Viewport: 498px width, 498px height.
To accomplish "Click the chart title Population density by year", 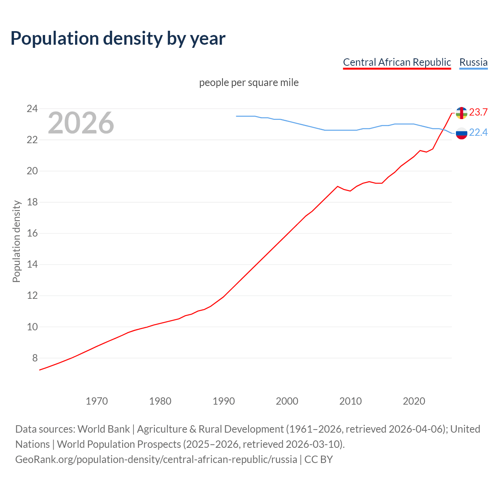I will click(x=118, y=39).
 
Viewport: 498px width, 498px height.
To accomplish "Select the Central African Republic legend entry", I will click(x=397, y=62).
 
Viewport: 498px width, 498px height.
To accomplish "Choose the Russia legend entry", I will click(x=473, y=62).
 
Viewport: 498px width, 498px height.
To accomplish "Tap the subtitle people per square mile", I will click(x=249, y=82).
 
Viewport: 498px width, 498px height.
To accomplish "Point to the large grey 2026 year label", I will click(x=81, y=123).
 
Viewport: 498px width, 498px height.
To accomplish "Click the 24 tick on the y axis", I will click(x=32, y=109).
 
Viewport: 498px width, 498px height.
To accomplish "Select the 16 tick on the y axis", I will click(x=32, y=233).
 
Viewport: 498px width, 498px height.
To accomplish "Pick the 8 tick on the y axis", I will click(x=35, y=358).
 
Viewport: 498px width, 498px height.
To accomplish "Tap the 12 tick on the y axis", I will click(x=32, y=296).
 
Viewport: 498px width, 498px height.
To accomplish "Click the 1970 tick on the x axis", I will click(x=96, y=401).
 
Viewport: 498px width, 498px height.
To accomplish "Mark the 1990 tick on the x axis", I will click(x=223, y=401).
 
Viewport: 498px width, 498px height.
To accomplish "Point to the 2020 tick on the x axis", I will click(x=414, y=401).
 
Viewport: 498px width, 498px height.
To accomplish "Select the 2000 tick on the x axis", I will click(x=287, y=401).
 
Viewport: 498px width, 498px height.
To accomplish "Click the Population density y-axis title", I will click(x=16, y=241).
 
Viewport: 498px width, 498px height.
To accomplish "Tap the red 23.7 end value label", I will click(x=478, y=112).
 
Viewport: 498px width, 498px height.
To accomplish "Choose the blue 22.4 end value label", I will click(x=478, y=133).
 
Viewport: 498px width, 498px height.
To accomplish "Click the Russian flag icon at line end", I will click(x=461, y=133).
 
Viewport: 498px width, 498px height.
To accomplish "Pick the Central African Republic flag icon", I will click(x=461, y=113).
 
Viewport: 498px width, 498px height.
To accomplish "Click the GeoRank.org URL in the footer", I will click(x=156, y=459).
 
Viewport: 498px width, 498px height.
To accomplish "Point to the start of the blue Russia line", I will click(x=237, y=116).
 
